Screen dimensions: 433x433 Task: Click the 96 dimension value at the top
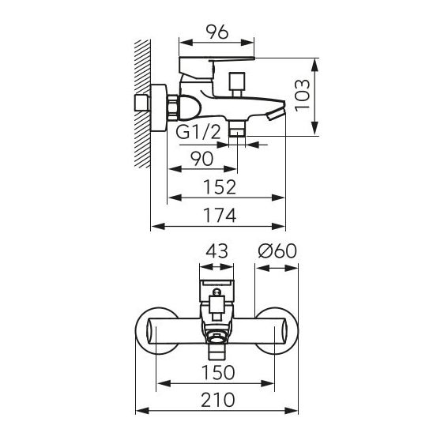coord(217,32)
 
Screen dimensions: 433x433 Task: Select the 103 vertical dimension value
coord(302,96)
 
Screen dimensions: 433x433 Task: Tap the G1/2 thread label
coord(198,132)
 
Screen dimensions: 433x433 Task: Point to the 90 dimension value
coord(202,159)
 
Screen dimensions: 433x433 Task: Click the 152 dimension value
coord(220,187)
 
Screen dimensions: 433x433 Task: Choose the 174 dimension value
coord(220,216)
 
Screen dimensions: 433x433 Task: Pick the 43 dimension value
coord(217,250)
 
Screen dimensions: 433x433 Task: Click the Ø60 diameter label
coord(277,250)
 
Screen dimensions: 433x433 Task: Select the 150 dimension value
coord(218,372)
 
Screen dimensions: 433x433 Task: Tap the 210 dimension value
coord(218,400)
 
